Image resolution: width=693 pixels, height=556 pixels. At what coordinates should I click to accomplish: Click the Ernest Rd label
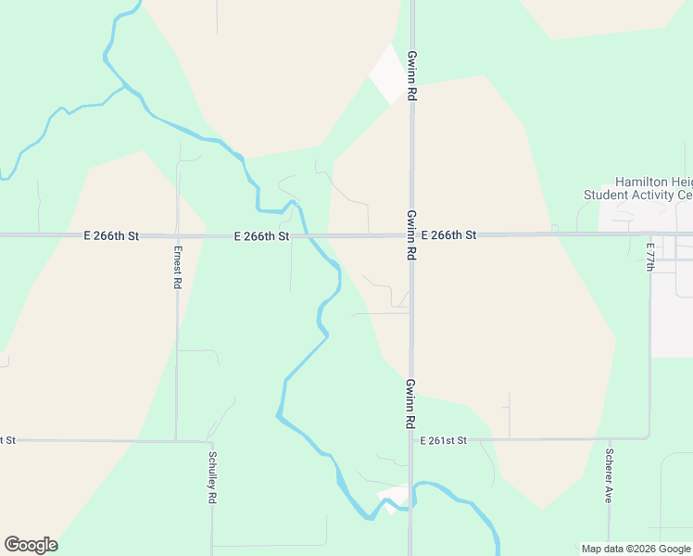pyautogui.click(x=176, y=267)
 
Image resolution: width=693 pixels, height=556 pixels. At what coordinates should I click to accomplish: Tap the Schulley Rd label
pyautogui.click(x=212, y=478)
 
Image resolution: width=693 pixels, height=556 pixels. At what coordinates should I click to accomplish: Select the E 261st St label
pyautogui.click(x=444, y=440)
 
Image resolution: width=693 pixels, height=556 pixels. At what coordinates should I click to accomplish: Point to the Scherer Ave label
pyautogui.click(x=609, y=475)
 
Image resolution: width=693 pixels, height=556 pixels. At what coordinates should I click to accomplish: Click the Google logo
pyautogui.click(x=31, y=545)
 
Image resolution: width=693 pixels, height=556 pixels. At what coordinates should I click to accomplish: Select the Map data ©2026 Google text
pyautogui.click(x=635, y=549)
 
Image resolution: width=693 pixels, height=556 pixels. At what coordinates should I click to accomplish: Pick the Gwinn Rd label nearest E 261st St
pyautogui.click(x=409, y=402)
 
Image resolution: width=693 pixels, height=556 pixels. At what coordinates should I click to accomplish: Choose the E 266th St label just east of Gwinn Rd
pyautogui.click(x=448, y=235)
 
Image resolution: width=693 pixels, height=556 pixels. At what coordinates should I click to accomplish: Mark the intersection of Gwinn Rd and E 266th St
pyautogui.click(x=411, y=235)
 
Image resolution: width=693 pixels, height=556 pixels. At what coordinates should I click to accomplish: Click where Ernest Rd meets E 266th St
pyautogui.click(x=177, y=236)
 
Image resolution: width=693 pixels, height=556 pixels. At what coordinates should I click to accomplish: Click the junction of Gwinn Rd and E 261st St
pyautogui.click(x=409, y=439)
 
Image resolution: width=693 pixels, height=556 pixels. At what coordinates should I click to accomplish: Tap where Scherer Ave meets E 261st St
pyautogui.click(x=609, y=438)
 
